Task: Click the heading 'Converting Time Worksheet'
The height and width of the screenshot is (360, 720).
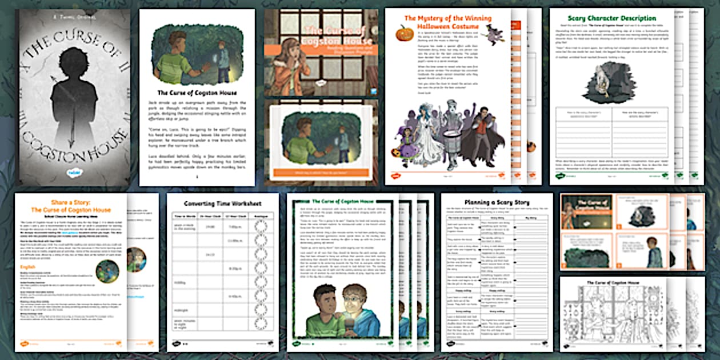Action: point(222,203)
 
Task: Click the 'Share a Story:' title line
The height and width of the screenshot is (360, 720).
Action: point(63,202)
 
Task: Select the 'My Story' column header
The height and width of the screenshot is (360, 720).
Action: point(531,218)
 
